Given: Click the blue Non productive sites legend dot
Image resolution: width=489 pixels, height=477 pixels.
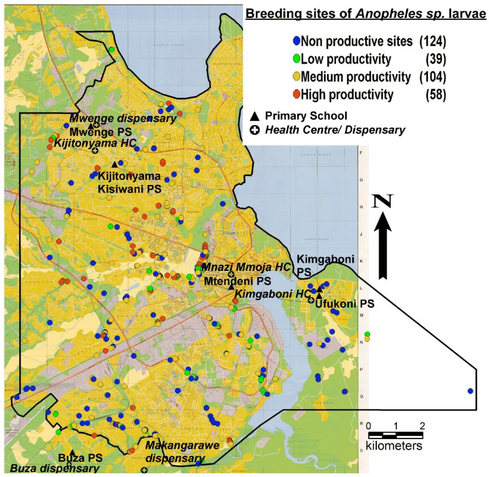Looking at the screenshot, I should click(296, 42).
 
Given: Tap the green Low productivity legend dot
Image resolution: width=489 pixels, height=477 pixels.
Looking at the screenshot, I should click(296, 59).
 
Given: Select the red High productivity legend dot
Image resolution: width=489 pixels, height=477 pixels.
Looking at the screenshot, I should click(296, 95).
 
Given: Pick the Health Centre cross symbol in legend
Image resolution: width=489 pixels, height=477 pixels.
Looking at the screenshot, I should click(254, 130).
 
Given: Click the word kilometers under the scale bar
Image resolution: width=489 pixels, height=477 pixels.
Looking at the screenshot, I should click(394, 446).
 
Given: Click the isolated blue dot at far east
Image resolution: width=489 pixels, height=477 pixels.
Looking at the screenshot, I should click(470, 390).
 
